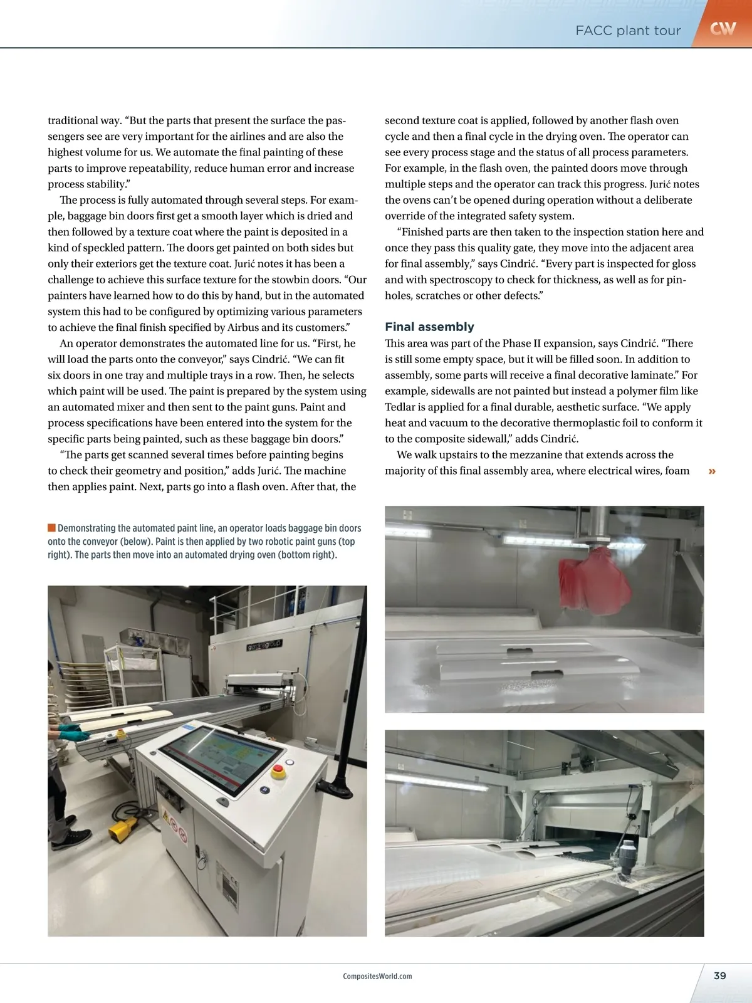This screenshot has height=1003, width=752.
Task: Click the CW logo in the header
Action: pyautogui.click(x=723, y=28)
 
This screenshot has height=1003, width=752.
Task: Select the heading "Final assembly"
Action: pyautogui.click(x=429, y=327)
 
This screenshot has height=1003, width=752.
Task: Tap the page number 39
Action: pyautogui.click(x=719, y=975)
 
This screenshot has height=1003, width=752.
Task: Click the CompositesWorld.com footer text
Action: pyautogui.click(x=377, y=976)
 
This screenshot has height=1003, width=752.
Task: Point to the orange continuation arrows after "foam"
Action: pyautogui.click(x=712, y=471)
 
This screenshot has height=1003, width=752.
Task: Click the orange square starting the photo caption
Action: pyautogui.click(x=51, y=528)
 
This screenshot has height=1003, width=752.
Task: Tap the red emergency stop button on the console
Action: pyautogui.click(x=279, y=770)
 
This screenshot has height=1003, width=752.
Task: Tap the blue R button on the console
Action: pyautogui.click(x=265, y=790)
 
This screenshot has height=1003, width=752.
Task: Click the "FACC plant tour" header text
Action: pyautogui.click(x=627, y=31)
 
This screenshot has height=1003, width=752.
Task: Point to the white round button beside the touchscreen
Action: pyautogui.click(x=222, y=801)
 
